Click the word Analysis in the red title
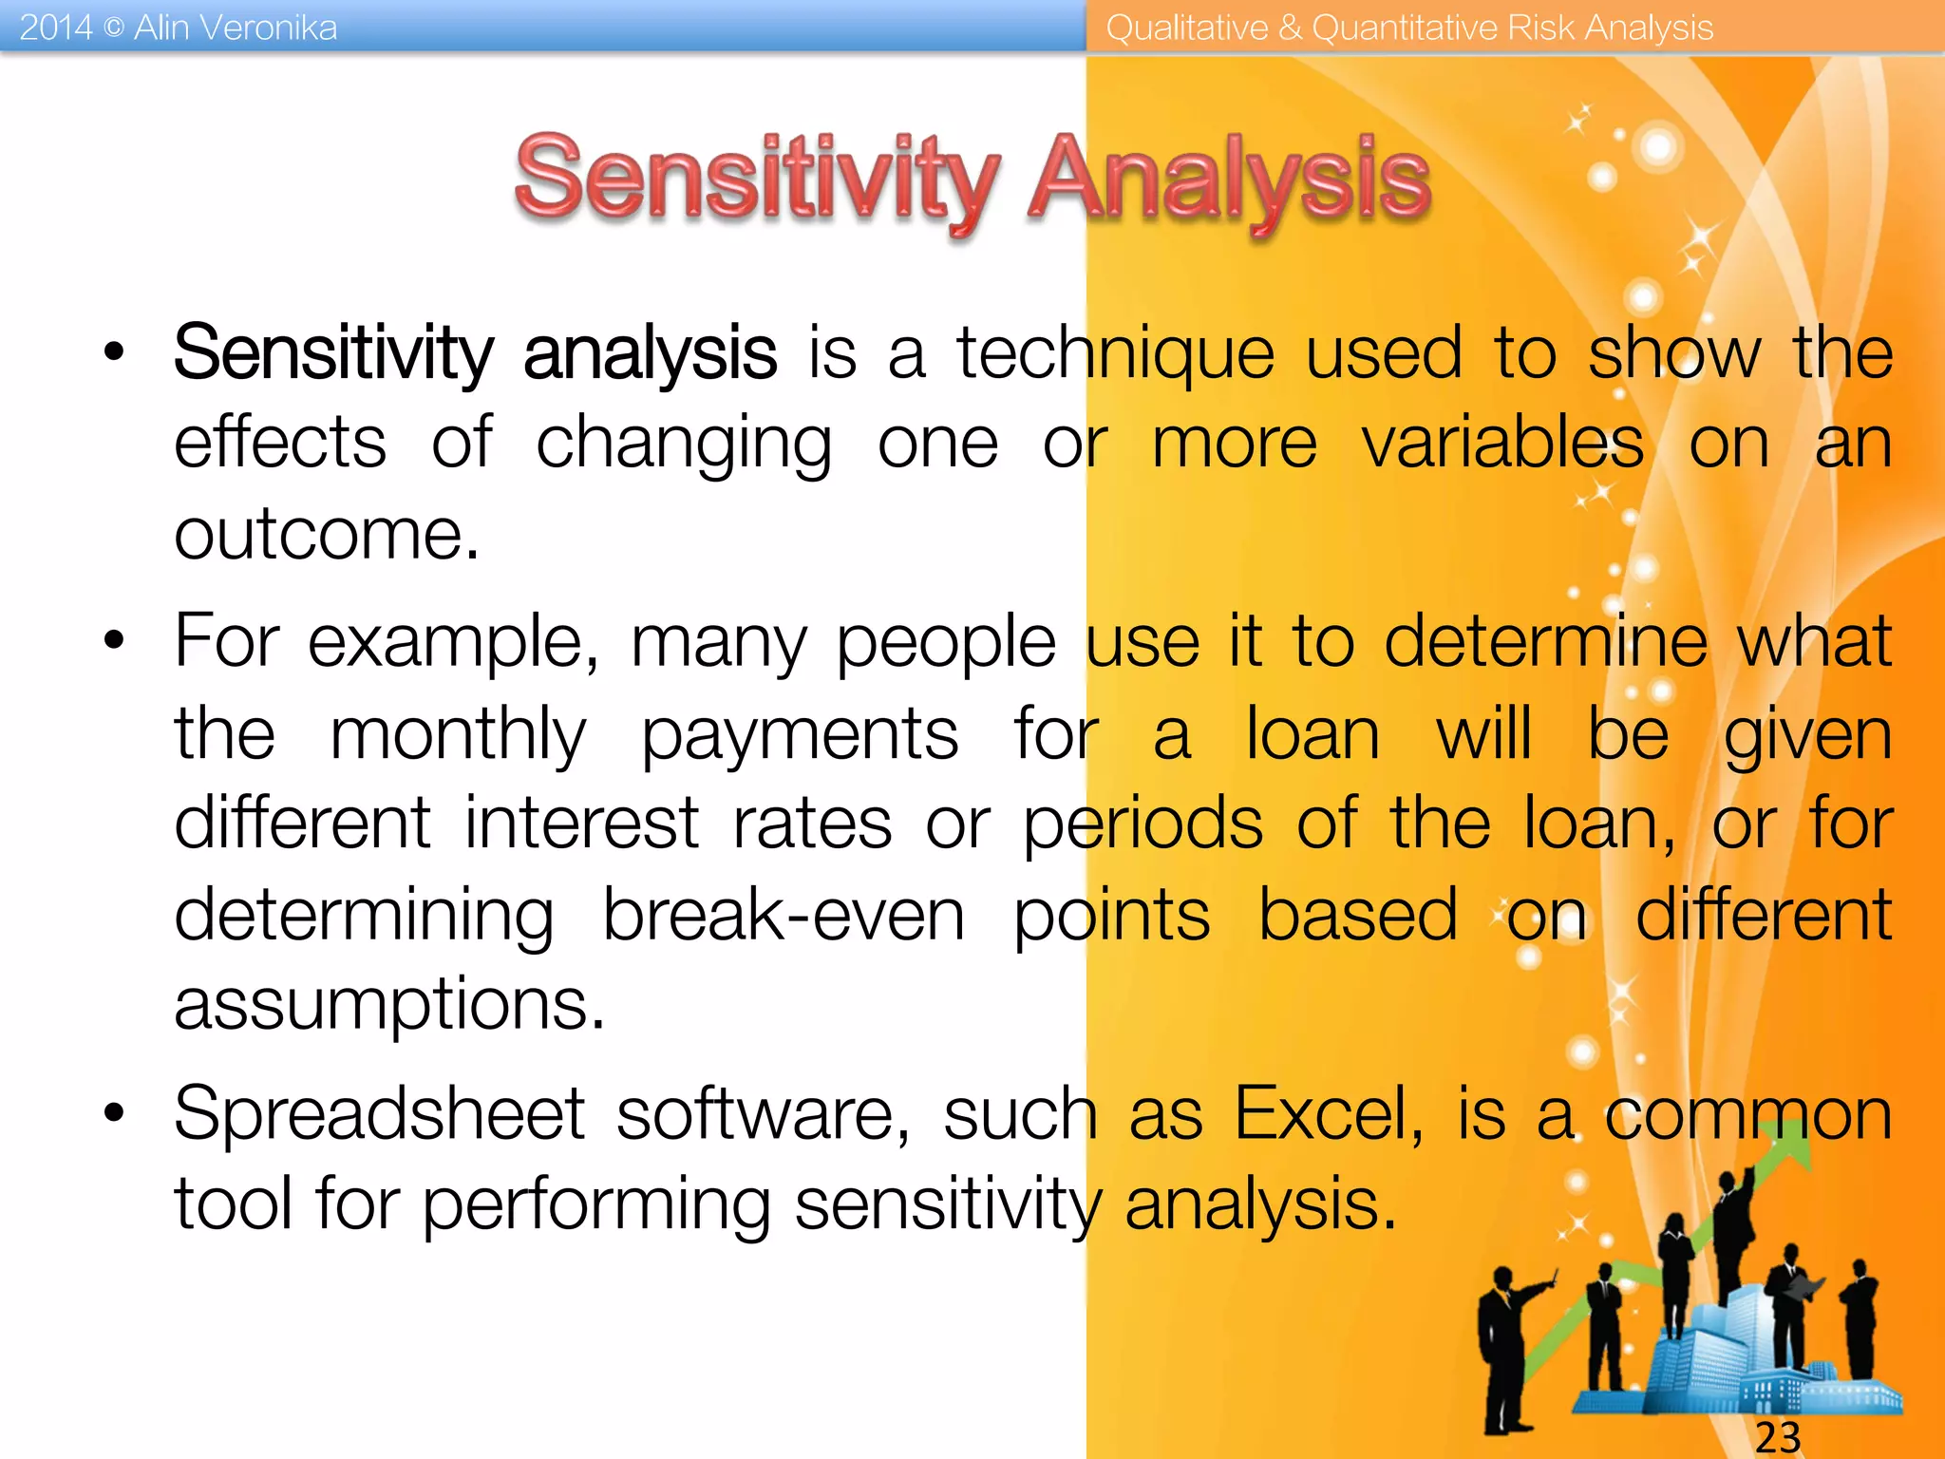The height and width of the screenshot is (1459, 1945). point(1230,180)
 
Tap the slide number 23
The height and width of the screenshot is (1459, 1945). point(1777,1437)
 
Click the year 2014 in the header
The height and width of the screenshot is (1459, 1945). point(55,28)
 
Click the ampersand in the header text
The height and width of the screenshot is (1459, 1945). point(1290,28)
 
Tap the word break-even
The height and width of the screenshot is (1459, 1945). point(784,915)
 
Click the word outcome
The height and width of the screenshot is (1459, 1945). point(326,534)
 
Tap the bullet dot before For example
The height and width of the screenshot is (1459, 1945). point(115,641)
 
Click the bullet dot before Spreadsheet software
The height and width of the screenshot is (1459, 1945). point(115,1112)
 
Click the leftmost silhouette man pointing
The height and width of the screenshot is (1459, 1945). point(1505,1349)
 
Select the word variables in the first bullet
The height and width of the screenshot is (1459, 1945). point(1502,444)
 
